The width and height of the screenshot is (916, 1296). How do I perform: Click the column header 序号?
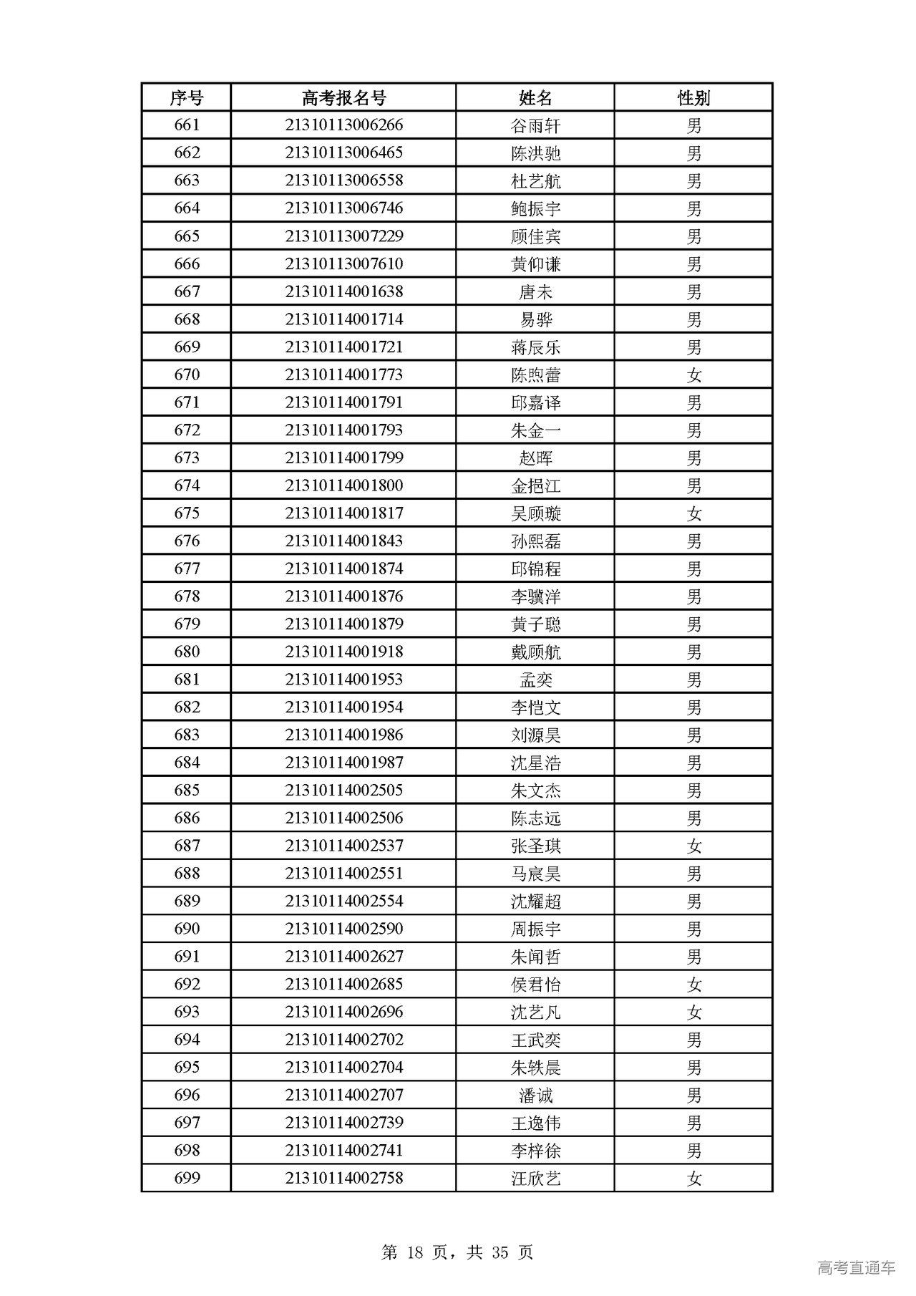[186, 97]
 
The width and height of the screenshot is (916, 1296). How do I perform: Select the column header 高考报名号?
[343, 97]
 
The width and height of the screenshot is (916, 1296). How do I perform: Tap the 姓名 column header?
[535, 97]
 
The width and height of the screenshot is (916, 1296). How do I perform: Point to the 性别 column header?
[693, 97]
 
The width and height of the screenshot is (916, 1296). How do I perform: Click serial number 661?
[187, 125]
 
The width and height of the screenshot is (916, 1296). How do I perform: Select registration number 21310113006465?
[343, 153]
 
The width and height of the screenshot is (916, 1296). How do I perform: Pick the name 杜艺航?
[535, 180]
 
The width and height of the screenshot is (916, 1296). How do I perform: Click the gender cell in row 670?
[693, 374]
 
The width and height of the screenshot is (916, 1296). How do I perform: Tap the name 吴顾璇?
[535, 513]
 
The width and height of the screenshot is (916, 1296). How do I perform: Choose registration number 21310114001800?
[343, 485]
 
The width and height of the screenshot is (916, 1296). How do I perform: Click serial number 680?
[187, 652]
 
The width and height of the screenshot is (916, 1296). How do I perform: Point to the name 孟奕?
[535, 680]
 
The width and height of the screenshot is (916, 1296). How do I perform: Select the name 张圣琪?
[535, 846]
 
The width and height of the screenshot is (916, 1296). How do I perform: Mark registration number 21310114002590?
[343, 929]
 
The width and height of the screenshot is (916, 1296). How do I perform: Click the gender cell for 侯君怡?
[693, 985]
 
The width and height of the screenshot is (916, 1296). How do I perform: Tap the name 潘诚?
[535, 1096]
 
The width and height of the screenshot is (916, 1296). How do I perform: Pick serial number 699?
[187, 1179]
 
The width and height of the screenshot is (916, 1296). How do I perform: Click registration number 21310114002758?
[343, 1179]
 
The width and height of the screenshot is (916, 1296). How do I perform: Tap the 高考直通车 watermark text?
[855, 1267]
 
